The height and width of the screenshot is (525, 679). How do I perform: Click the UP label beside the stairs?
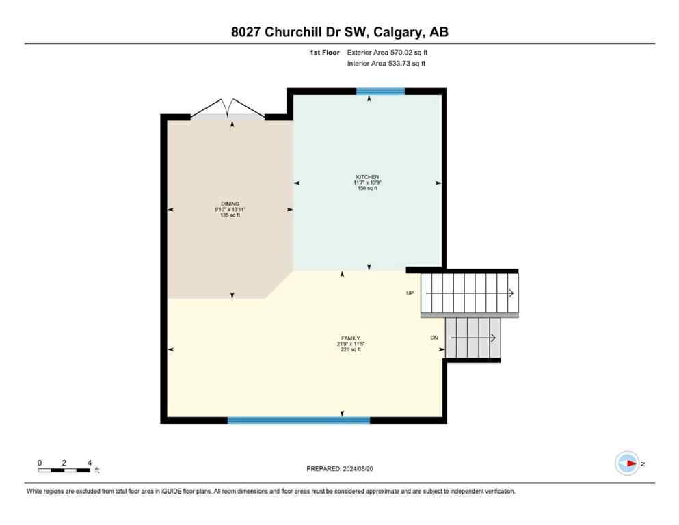410,293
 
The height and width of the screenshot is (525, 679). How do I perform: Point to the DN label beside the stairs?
434,338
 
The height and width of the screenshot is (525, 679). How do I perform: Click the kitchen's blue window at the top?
380,91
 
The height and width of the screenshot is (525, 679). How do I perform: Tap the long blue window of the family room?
298,420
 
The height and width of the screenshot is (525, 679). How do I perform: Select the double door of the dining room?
228,109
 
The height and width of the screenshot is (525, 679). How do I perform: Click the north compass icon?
627,463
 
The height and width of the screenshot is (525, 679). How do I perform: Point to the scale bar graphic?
64,470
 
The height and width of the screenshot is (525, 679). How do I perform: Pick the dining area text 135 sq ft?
229,215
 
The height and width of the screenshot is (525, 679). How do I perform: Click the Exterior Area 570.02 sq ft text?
388,52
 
